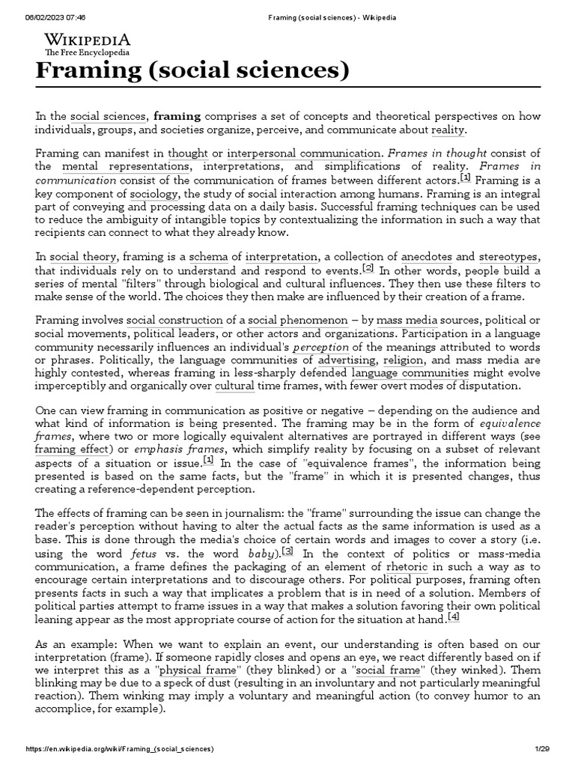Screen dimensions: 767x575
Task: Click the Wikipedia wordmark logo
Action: click(87, 40)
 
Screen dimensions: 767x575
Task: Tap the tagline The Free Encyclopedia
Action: click(87, 53)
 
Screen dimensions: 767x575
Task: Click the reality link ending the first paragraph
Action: click(448, 130)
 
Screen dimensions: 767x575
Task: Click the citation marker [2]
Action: click(368, 267)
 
